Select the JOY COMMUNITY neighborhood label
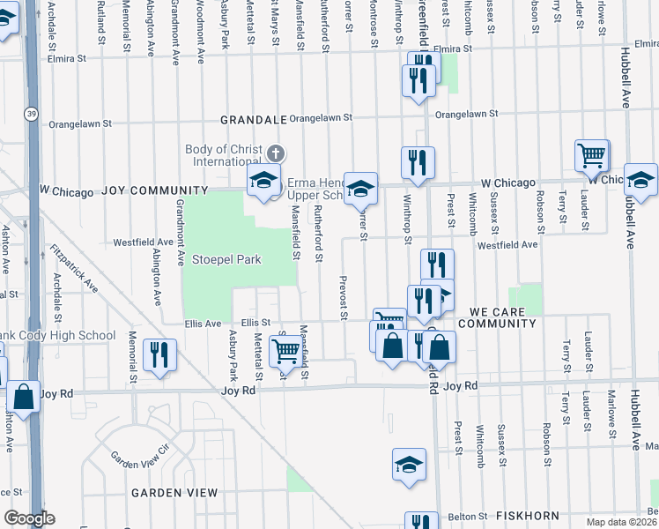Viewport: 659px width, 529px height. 154,190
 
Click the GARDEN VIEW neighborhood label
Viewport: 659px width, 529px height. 174,493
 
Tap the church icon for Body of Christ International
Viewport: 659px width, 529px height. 275,153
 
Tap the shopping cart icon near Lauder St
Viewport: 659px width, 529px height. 592,156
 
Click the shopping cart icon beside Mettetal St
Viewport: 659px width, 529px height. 285,350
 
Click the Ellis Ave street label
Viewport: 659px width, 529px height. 203,324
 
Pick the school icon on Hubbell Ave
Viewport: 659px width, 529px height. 640,179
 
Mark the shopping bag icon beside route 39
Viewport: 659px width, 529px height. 24,397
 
